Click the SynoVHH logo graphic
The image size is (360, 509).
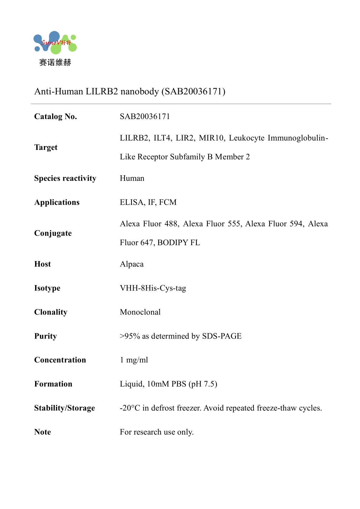(x=55, y=43)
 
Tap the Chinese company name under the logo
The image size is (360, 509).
(x=55, y=63)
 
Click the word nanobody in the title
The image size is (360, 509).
(x=139, y=91)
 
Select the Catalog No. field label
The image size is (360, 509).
(x=56, y=116)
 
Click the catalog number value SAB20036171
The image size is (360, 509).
(x=145, y=116)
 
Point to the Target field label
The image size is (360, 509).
(x=46, y=147)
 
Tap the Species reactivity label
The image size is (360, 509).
(x=65, y=178)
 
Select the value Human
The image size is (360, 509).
(x=132, y=178)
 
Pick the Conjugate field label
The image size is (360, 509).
(x=53, y=233)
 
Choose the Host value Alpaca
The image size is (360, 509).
(x=132, y=264)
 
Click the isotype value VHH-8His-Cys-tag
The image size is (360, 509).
(x=153, y=288)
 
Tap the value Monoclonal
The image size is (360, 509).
(x=140, y=312)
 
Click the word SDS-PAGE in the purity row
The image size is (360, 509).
(x=222, y=336)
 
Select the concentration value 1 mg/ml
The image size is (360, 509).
(x=134, y=360)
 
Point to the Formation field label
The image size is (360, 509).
(x=53, y=384)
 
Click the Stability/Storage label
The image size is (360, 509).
(x=64, y=408)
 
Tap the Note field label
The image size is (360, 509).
(x=43, y=432)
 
